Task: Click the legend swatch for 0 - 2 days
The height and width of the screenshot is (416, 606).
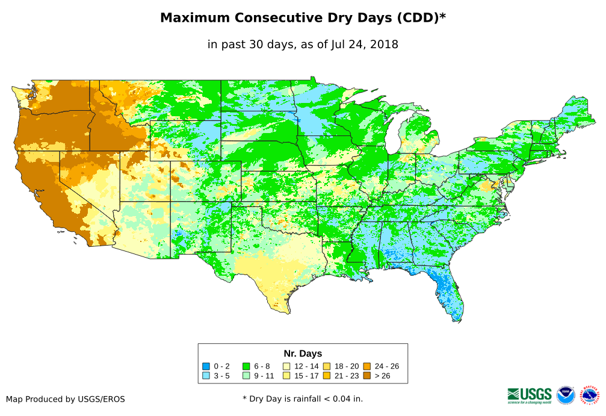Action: pyautogui.click(x=206, y=366)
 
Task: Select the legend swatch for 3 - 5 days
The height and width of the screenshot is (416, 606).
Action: pyautogui.click(x=206, y=375)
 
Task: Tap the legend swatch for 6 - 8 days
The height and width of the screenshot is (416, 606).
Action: pyautogui.click(x=246, y=366)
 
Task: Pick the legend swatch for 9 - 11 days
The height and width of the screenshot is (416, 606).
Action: pyautogui.click(x=246, y=375)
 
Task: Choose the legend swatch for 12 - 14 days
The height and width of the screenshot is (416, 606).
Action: pyautogui.click(x=286, y=366)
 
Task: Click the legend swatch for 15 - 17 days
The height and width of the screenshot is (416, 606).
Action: pyautogui.click(x=286, y=375)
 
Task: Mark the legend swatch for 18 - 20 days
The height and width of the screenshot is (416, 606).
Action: pyautogui.click(x=326, y=366)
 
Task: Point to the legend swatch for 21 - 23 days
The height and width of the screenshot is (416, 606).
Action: pyautogui.click(x=326, y=375)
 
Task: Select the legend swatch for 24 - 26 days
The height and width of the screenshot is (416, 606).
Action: pyautogui.click(x=366, y=366)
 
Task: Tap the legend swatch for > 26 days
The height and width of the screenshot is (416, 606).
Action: pyautogui.click(x=366, y=375)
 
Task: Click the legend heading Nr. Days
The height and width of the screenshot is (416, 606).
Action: pyautogui.click(x=303, y=353)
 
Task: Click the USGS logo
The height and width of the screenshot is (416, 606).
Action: pyautogui.click(x=530, y=395)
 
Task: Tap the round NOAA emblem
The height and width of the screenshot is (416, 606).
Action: pyautogui.click(x=566, y=396)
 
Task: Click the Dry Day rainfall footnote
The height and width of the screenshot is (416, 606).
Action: pyautogui.click(x=303, y=399)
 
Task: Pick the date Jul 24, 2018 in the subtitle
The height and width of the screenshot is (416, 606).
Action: pyautogui.click(x=365, y=45)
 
